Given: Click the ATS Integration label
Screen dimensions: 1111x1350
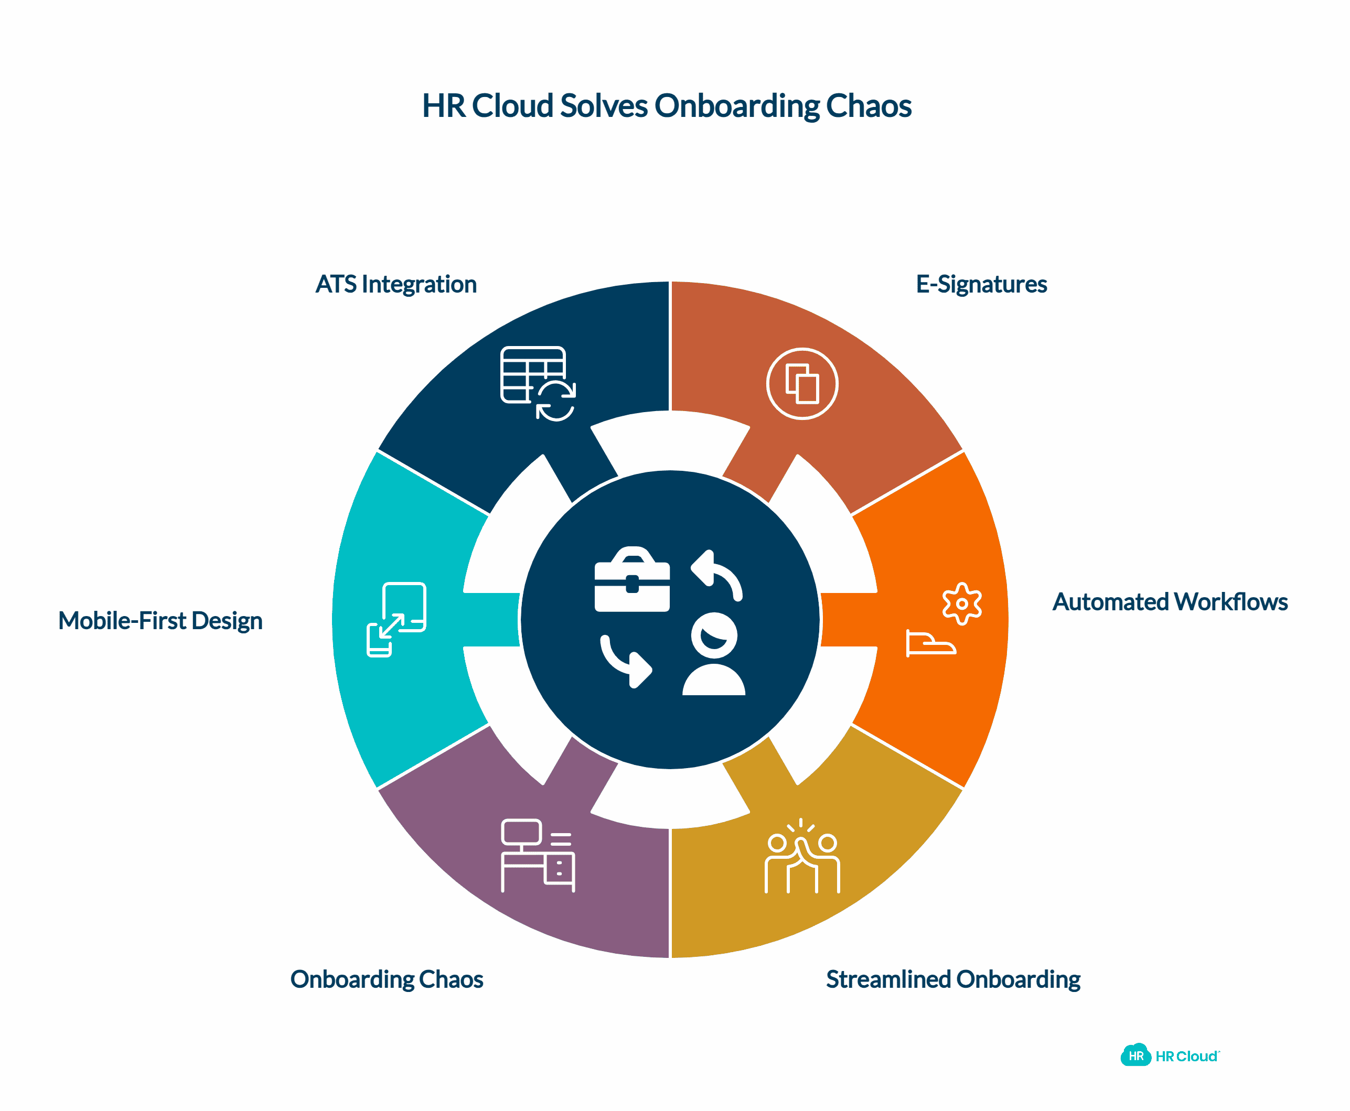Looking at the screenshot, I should [x=395, y=284].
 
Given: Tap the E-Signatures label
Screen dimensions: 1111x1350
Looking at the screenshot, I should [x=981, y=284].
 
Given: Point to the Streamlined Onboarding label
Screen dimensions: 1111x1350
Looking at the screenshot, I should [x=952, y=979].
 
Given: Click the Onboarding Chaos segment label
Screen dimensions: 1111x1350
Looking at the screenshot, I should [x=387, y=979].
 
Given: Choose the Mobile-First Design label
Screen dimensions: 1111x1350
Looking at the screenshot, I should [x=160, y=620].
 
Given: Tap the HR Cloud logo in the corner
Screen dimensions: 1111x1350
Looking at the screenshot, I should [x=1170, y=1056].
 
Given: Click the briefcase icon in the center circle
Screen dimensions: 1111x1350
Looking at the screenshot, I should [x=632, y=579].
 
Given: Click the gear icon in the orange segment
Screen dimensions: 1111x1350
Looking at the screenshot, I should [x=961, y=603].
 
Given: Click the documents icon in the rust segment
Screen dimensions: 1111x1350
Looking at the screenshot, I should [x=801, y=384].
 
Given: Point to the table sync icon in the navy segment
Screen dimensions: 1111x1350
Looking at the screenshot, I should [x=538, y=383].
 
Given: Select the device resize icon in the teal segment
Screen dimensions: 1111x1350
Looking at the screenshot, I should [x=396, y=619].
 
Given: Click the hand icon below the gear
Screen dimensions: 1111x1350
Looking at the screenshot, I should [x=930, y=643].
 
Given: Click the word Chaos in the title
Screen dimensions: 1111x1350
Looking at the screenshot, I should [x=868, y=105].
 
